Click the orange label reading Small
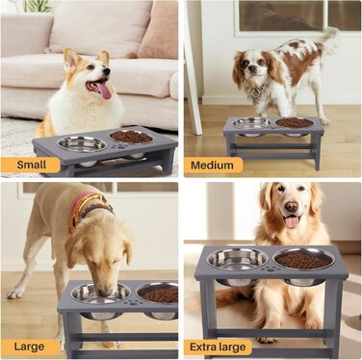pos(31,165)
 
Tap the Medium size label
pos(213,166)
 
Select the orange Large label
pos(30,347)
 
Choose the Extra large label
pos(218,347)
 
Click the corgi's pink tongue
pos(103,90)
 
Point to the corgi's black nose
pos(107,71)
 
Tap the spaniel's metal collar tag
pos(256,92)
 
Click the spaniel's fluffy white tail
pos(328,39)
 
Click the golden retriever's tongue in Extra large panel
pos(292,221)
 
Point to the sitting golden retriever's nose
pos(292,206)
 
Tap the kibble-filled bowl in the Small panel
pos(131,137)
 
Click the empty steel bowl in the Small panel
pos(82,144)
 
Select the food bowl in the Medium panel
pos(295,122)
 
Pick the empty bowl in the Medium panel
pos(252,123)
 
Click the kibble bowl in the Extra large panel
pos(303,259)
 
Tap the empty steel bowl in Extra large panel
pos(238,259)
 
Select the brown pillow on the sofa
pos(158,31)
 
